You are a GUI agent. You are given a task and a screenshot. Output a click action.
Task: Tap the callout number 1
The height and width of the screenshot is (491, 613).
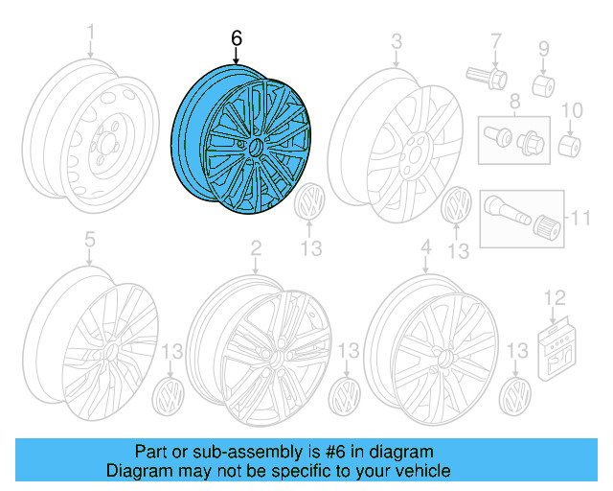[x=91, y=37]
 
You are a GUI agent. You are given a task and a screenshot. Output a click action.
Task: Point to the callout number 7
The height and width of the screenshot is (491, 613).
[x=496, y=41]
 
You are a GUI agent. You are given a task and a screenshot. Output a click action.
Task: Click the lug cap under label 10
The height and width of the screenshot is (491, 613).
[x=571, y=147]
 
